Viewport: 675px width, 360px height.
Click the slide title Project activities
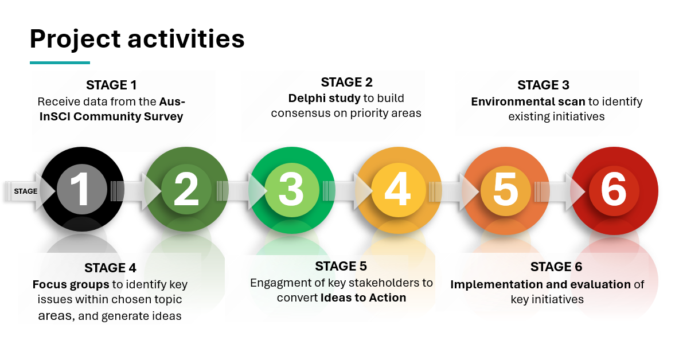coord(137,39)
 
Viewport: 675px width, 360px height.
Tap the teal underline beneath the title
coord(60,62)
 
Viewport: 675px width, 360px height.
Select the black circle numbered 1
coord(82,190)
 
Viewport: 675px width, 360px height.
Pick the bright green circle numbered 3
coord(291,190)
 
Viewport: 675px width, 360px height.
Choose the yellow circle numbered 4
coord(398,190)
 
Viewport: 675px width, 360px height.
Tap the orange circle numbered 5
coord(505,190)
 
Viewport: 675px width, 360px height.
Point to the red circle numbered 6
coord(613,190)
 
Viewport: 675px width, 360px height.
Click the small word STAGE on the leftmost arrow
coord(26,191)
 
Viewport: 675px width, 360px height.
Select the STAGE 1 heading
coord(111,85)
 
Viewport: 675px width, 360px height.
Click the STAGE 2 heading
coord(346,82)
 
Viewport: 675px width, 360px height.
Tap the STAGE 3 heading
coord(543,85)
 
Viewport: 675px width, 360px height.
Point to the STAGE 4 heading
coord(110,268)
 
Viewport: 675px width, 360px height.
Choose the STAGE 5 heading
coord(341,266)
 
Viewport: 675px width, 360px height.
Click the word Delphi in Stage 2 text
coord(305,98)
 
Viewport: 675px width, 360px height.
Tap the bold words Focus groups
coord(71,284)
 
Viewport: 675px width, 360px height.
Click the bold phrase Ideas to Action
coord(363,298)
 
